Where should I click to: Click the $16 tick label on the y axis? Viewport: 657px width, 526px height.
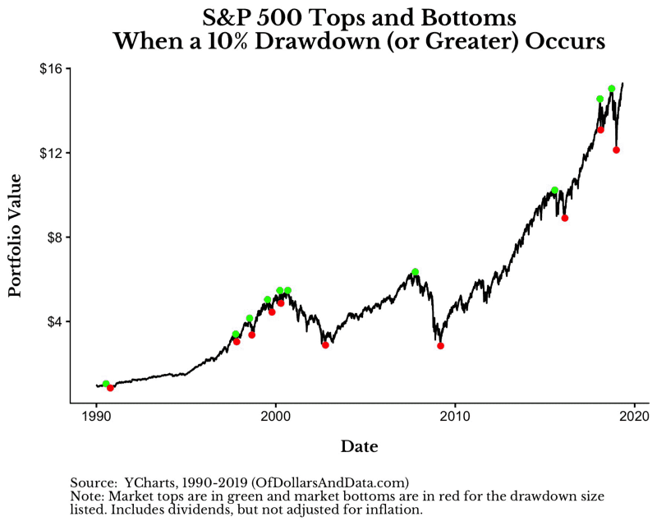coord(51,69)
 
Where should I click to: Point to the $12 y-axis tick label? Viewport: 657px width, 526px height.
coord(51,154)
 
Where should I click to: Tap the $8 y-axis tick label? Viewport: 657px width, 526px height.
coord(54,238)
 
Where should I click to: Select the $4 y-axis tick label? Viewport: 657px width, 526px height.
coord(54,321)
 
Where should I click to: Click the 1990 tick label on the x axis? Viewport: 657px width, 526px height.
coord(97,417)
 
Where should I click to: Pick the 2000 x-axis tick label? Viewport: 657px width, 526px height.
coord(275,417)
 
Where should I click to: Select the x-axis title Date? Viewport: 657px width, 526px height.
coord(359,447)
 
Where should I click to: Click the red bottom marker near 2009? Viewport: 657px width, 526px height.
coord(440,346)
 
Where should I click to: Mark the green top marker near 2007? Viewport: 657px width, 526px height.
coord(416,272)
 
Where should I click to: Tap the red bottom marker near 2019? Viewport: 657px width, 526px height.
coord(616,150)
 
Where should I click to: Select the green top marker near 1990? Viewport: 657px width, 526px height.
coord(106,384)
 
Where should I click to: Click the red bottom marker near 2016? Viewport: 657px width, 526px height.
coord(565,218)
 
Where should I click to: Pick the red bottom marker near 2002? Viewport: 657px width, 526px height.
coord(325,345)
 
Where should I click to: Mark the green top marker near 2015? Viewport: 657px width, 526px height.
coord(554,190)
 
